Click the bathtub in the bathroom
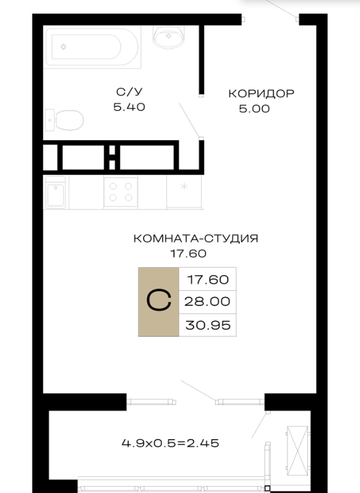[x=92, y=47]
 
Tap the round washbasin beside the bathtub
[x=168, y=37]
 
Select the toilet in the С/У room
[x=64, y=120]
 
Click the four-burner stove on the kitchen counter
[x=121, y=192]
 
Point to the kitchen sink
[x=56, y=192]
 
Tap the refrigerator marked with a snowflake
[x=184, y=192]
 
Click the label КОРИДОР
[x=261, y=93]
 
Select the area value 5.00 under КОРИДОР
[x=254, y=109]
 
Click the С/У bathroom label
[x=129, y=92]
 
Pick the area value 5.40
[x=129, y=107]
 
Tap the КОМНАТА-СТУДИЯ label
[x=196, y=238]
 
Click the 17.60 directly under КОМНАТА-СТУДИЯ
[x=188, y=253]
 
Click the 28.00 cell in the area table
[x=208, y=301]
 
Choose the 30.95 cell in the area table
[x=208, y=325]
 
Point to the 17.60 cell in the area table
[x=208, y=279]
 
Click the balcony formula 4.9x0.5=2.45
[x=170, y=443]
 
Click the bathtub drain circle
[x=64, y=47]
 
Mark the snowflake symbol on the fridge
[x=184, y=186]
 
